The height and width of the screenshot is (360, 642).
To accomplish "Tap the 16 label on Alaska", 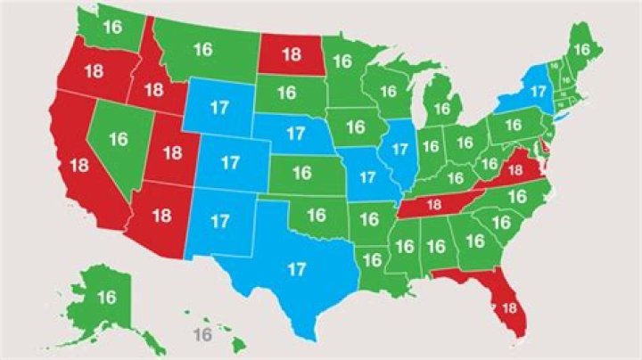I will coord(106,297).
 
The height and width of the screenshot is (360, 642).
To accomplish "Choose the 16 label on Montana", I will coord(203,50).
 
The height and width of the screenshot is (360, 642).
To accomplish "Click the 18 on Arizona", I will coord(162,215).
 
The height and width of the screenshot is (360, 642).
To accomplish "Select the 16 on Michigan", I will coord(440,109).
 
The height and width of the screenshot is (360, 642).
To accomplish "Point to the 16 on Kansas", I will coord(302,173).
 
